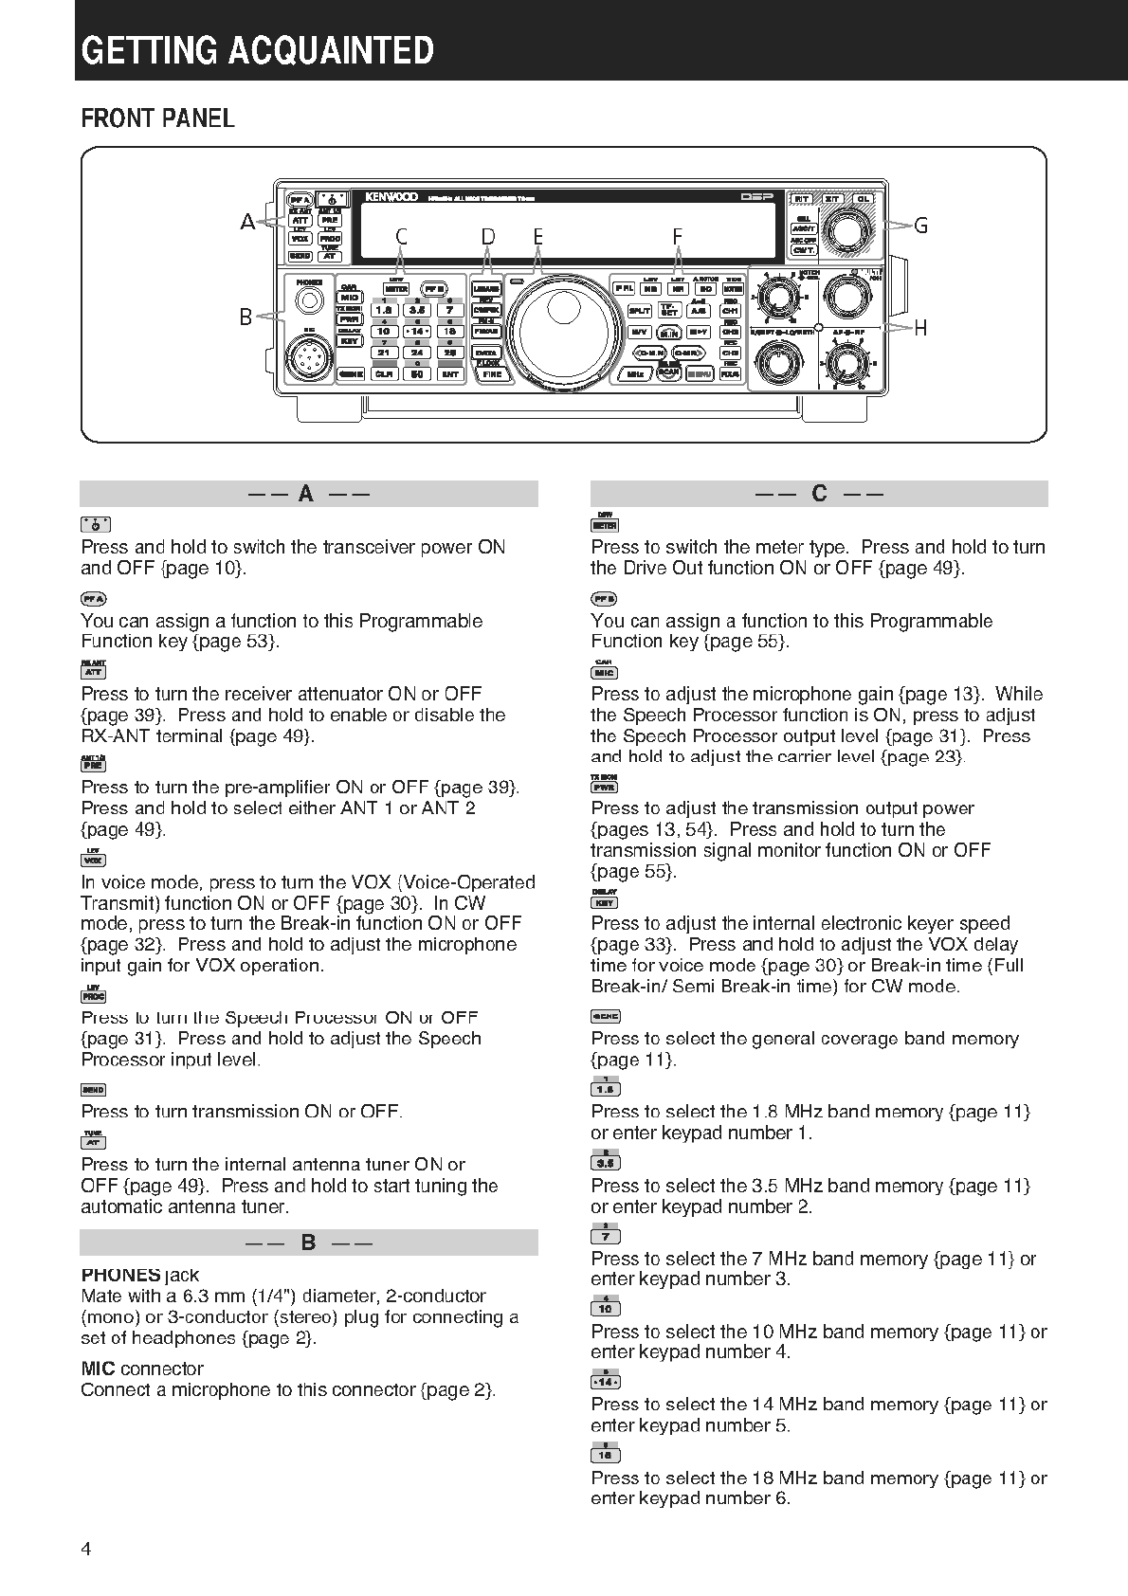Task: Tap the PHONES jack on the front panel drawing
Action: coord(308,300)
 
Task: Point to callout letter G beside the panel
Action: coord(919,226)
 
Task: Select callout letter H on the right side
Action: coord(919,329)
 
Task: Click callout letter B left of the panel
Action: coord(246,317)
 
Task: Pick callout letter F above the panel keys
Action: coord(678,236)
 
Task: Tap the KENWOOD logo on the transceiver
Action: coord(391,197)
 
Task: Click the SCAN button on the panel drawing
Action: coord(668,372)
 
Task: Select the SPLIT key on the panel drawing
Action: coord(639,310)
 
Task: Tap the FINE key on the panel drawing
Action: coord(492,374)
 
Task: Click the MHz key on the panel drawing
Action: coord(635,374)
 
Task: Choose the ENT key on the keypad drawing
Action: coord(449,374)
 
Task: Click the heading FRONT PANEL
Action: coord(157,118)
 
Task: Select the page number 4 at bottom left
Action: coord(86,1550)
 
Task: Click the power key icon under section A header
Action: coord(95,524)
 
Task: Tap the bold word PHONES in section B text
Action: coord(120,1275)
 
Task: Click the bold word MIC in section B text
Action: coord(99,1369)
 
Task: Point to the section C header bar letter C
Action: coord(819,494)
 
